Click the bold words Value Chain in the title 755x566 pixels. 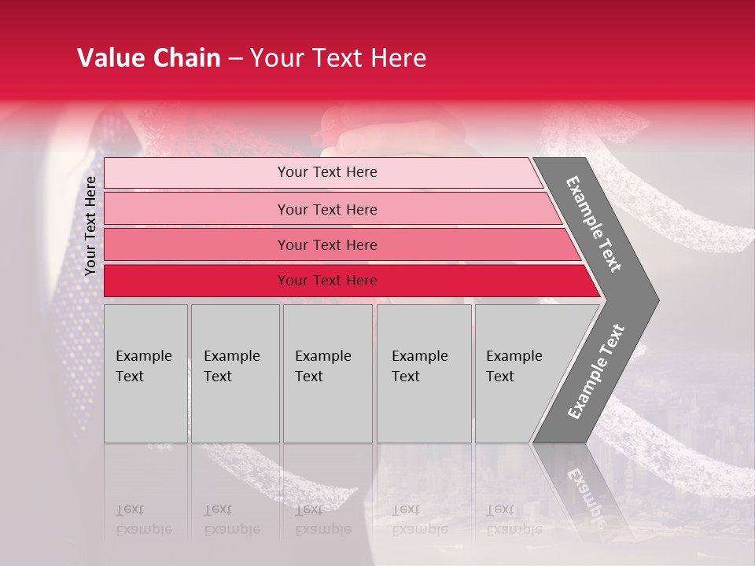coord(149,58)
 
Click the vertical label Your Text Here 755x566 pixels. coord(90,226)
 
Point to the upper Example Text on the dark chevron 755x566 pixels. coord(594,224)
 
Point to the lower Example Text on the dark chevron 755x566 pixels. coord(596,371)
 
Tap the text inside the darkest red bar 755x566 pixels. coord(327,281)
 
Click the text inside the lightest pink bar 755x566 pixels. coord(327,172)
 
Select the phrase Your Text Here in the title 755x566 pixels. coord(338,58)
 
